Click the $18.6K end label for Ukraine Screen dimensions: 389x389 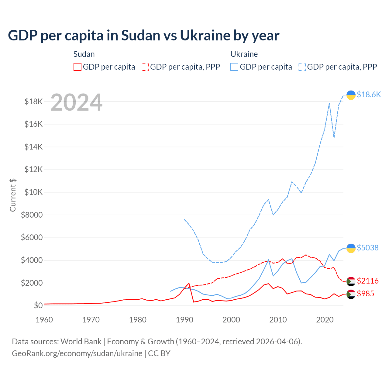(369, 95)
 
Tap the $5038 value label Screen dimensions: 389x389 (367, 248)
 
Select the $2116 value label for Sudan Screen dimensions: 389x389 (367, 281)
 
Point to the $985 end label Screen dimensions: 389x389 (365, 294)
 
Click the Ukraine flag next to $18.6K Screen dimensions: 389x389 (351, 95)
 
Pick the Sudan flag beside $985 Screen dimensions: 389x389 (351, 294)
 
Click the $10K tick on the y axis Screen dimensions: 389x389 (34, 192)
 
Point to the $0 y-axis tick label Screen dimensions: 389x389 (38, 305)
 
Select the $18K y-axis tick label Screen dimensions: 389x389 (34, 102)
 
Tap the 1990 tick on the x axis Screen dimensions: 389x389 (184, 320)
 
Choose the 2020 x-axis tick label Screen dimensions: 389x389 (325, 320)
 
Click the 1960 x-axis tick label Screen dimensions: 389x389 (44, 320)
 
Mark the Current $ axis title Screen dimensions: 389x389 (13, 195)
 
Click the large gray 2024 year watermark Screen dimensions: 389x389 (76, 103)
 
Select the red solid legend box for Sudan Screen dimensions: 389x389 (77, 67)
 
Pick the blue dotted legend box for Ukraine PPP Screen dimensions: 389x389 (302, 67)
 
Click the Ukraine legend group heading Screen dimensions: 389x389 (244, 54)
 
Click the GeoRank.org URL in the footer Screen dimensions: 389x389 (77, 353)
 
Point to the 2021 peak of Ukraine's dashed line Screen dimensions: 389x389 (329, 103)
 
